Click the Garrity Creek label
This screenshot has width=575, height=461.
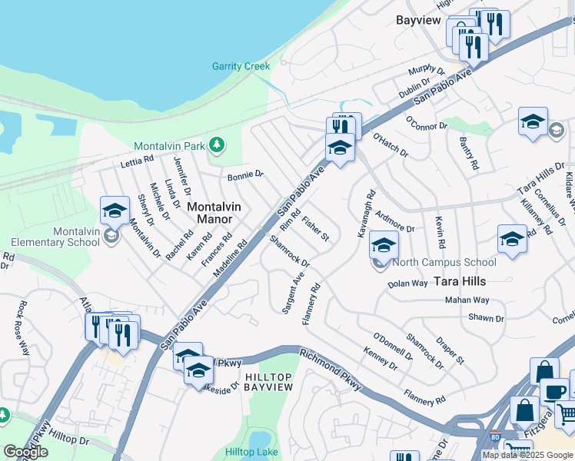coord(241,66)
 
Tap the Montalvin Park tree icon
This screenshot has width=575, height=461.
coord(218,144)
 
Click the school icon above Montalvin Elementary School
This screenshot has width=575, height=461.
coord(115,211)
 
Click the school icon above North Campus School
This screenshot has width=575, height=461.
coord(383,245)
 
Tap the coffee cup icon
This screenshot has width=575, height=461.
coord(553,391)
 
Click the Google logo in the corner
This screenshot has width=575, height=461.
coord(25,452)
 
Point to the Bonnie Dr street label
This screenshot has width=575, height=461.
coord(245,176)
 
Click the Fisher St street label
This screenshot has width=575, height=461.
coord(316,229)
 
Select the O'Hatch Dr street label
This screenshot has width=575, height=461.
coord(391,145)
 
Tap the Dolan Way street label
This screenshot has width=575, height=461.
coord(407,284)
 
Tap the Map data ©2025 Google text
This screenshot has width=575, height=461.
coord(527,455)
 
